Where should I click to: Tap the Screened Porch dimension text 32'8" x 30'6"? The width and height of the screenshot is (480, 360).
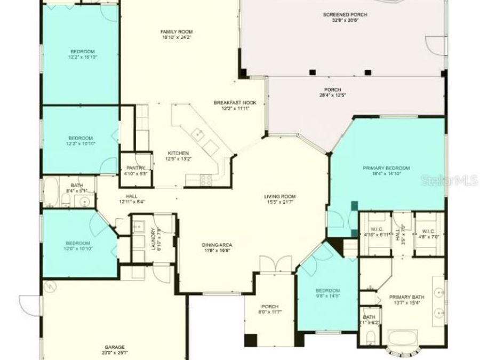pyautogui.click(x=345, y=20)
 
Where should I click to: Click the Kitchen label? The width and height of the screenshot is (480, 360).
pyautogui.click(x=178, y=153)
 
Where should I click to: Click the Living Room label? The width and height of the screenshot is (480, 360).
pyautogui.click(x=279, y=196)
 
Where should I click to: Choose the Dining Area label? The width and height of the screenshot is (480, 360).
pyautogui.click(x=217, y=245)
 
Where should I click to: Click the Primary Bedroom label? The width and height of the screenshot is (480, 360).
pyautogui.click(x=386, y=168)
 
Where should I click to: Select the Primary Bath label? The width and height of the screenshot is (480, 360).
pyautogui.click(x=406, y=297)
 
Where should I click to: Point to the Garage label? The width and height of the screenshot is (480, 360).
pyautogui.click(x=115, y=346)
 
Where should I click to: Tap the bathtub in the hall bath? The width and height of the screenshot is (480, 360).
pyautogui.click(x=52, y=193)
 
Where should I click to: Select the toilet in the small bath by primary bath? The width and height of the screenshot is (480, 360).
pyautogui.click(x=370, y=337)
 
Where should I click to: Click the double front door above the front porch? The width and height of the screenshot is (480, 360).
pyautogui.click(x=269, y=265)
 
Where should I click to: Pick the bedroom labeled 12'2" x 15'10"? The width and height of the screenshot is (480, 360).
pyautogui.click(x=82, y=54)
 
